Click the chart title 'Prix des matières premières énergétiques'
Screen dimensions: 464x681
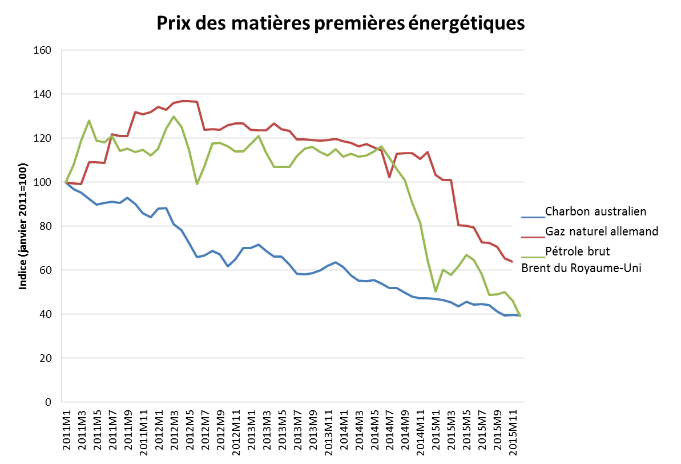click(x=340, y=24)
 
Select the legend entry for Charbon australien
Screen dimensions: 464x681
click(x=595, y=211)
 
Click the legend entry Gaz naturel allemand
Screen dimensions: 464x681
click(x=602, y=231)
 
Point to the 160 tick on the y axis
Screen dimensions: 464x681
click(x=45, y=50)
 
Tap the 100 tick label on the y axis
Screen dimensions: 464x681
click(x=45, y=182)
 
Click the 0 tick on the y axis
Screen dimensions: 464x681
click(x=49, y=402)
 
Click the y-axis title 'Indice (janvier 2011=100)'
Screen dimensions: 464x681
click(x=23, y=227)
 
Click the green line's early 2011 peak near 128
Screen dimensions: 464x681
click(x=89, y=121)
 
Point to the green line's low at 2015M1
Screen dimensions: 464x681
click(x=436, y=291)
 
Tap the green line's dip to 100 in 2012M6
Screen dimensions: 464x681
click(x=197, y=183)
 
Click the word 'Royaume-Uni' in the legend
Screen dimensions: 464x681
click(x=607, y=269)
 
